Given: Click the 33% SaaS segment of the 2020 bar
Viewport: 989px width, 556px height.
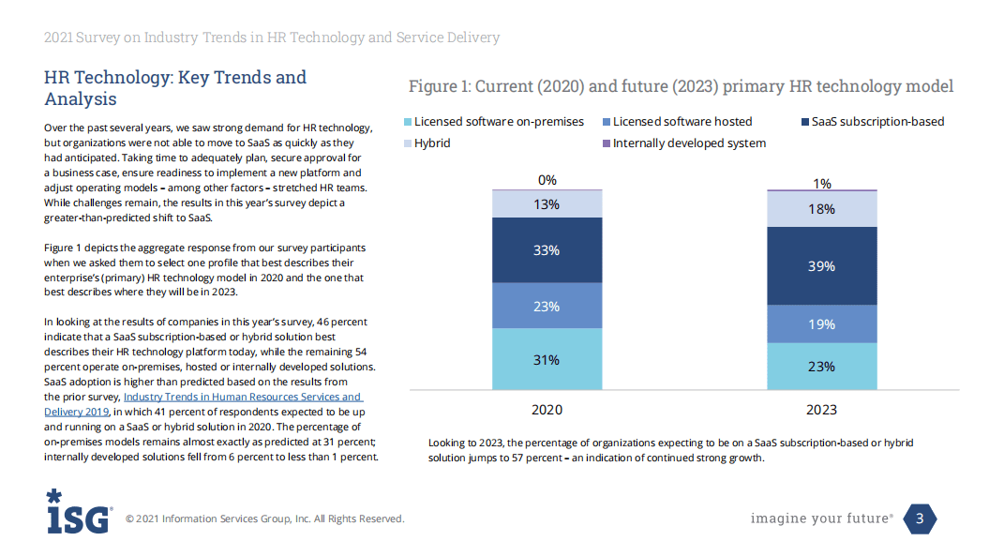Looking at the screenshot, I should (x=547, y=250).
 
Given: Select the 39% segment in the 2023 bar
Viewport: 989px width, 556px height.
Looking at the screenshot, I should (x=821, y=266).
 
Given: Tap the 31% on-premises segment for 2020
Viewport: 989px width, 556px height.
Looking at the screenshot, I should (x=547, y=359).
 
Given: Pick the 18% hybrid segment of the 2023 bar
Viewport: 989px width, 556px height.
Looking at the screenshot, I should (x=821, y=209).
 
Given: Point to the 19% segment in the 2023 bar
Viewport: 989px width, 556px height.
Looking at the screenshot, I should (x=821, y=324).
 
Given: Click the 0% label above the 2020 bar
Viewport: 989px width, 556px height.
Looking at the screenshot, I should (x=547, y=180).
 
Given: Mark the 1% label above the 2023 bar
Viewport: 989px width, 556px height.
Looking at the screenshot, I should (x=821, y=184).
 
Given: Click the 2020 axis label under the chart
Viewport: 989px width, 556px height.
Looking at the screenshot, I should (x=547, y=410).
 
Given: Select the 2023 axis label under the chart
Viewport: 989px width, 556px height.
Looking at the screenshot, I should (x=821, y=410).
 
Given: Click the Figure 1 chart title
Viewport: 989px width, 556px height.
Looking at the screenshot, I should (x=681, y=86).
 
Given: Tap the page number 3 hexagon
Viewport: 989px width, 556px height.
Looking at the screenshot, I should (x=920, y=518).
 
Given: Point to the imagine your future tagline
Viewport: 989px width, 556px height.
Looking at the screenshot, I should (x=821, y=518).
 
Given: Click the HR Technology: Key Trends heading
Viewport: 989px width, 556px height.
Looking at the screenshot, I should (x=175, y=87).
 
